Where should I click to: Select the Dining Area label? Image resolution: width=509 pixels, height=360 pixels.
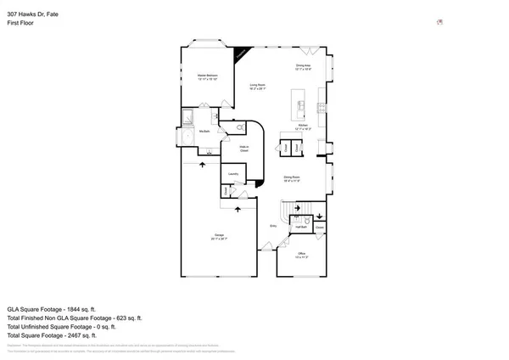(x=304, y=67)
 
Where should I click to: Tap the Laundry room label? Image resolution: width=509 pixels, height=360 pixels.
(x=232, y=175)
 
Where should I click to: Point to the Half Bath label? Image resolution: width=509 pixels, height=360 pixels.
(x=300, y=228)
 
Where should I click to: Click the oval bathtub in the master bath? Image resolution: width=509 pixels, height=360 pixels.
(x=186, y=137)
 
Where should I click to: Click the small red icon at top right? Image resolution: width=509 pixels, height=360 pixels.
(x=439, y=23)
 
